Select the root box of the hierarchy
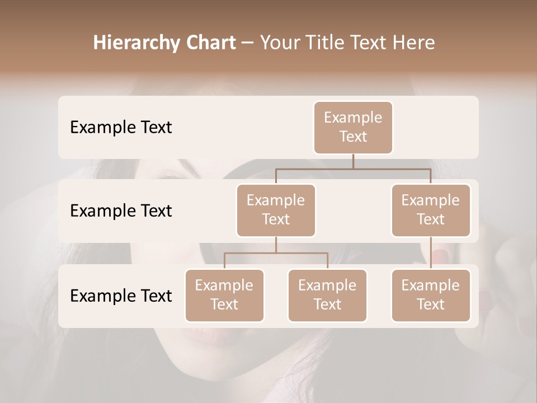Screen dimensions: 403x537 (353, 127)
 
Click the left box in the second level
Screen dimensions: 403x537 (276, 210)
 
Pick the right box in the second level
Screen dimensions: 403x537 (431, 210)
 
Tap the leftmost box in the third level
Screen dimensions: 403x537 (224, 295)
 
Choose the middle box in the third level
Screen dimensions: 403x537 (327, 295)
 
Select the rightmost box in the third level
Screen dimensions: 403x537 (431, 295)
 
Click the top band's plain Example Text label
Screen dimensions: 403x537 (121, 127)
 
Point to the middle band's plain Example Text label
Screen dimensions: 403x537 (121, 210)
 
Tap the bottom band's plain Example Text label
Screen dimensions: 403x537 (121, 296)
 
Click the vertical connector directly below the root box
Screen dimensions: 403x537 (353, 161)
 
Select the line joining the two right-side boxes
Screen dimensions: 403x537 (431, 253)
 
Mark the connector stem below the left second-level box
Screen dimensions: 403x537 (276, 245)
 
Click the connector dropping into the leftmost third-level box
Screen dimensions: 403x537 (224, 261)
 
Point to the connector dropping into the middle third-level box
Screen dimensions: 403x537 (327, 261)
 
